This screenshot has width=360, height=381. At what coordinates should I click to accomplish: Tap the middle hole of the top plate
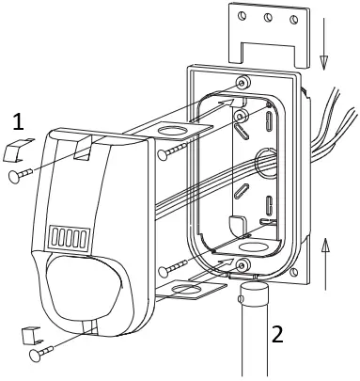[269, 16]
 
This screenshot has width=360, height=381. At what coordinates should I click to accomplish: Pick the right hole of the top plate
[295, 16]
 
